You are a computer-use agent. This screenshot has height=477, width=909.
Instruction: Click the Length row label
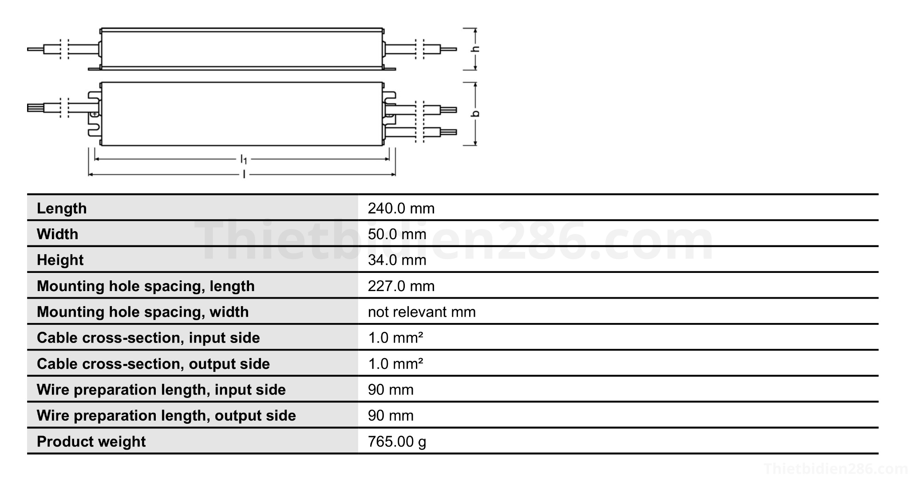[x=62, y=208]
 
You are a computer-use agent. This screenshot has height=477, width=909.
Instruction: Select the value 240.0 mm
[x=401, y=208]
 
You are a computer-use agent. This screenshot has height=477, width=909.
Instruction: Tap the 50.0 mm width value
[x=397, y=234]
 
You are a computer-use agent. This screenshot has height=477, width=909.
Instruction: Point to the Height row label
[x=60, y=260]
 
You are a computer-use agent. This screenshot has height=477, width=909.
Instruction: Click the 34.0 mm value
[x=397, y=260]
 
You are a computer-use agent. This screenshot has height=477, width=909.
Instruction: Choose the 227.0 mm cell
[x=401, y=286]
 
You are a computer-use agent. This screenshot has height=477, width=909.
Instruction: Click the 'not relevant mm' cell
[x=421, y=311]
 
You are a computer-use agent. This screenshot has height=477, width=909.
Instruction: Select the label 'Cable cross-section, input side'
[x=148, y=338]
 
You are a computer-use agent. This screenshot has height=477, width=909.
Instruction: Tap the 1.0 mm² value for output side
[x=395, y=363]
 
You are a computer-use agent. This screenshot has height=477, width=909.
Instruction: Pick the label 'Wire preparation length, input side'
[x=161, y=390]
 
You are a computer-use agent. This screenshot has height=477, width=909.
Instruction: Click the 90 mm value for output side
[x=391, y=415]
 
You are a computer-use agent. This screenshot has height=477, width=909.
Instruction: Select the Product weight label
[x=91, y=442]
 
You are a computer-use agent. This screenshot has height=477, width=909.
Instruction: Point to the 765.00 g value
[x=397, y=442]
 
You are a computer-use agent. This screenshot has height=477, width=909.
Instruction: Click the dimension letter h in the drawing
[x=475, y=48]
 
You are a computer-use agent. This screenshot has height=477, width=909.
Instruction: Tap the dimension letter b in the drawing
[x=475, y=114]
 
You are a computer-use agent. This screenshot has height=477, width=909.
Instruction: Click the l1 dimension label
[x=244, y=159]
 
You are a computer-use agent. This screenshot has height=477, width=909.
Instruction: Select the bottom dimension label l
[x=244, y=174]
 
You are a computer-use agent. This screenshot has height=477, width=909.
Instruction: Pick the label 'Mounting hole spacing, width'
[x=142, y=311]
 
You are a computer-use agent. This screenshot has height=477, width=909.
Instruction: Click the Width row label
[x=57, y=234]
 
